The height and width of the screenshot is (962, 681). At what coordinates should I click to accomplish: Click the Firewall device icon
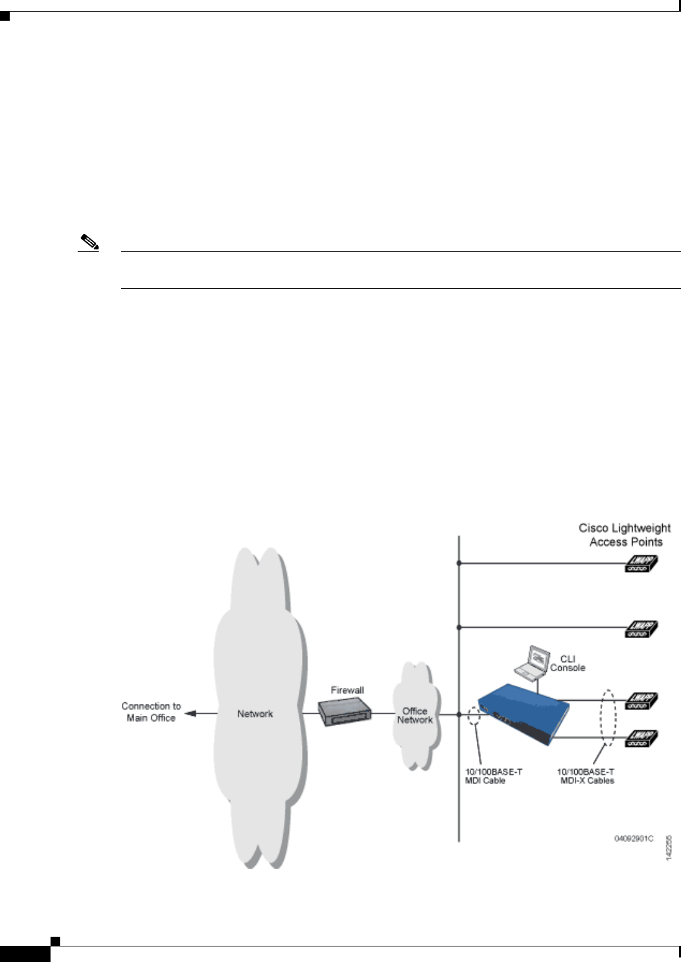[x=344, y=713]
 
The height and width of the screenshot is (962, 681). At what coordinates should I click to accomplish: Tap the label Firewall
[x=347, y=691]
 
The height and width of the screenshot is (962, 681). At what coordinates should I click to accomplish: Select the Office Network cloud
[x=415, y=715]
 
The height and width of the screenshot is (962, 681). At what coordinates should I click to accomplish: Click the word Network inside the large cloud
[x=255, y=714]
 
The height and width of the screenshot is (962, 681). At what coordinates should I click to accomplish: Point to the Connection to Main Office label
[x=151, y=712]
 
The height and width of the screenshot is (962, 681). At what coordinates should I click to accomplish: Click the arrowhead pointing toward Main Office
[x=190, y=714]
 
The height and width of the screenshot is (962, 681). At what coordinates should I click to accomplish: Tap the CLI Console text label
[x=568, y=663]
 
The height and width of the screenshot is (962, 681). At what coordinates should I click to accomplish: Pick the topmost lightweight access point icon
[x=641, y=564]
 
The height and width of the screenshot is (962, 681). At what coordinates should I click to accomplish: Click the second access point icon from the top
[x=641, y=628]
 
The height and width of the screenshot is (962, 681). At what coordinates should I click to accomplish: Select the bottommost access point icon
[x=641, y=739]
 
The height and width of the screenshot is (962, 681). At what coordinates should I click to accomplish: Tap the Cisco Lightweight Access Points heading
[x=625, y=535]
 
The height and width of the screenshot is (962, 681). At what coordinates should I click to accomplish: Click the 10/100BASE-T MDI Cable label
[x=493, y=776]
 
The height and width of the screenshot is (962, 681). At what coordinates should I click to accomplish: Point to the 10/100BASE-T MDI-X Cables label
[x=586, y=776]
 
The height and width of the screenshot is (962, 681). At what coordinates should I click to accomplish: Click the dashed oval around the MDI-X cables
[x=608, y=718]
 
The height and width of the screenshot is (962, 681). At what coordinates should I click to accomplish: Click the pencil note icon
[x=89, y=244]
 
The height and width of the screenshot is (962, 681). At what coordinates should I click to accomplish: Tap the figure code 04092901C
[x=634, y=839]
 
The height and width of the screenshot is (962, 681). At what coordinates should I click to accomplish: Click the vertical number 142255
[x=669, y=847]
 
